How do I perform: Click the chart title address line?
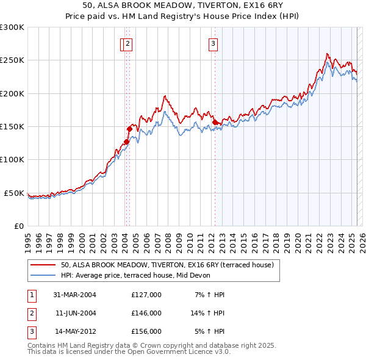(183, 5)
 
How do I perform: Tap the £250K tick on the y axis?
(12, 60)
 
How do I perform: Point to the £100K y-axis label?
(12, 159)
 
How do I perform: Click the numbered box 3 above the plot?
(213, 43)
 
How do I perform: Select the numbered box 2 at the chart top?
(127, 43)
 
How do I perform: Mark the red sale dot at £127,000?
(126, 142)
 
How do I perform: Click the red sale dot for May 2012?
(215, 123)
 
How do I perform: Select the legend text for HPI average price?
(135, 275)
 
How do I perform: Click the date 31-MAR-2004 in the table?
(75, 295)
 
